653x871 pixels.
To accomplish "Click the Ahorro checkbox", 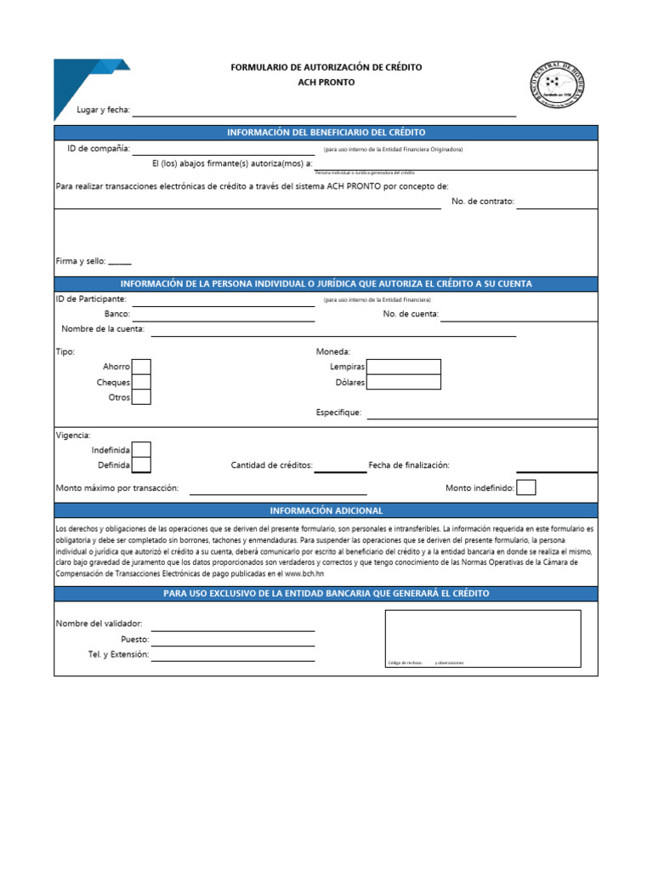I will pos(141,367).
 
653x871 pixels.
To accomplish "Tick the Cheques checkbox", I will pos(141,382).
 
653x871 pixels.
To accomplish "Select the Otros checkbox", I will pos(141,397).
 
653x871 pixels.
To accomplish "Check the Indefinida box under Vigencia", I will pos(141,449).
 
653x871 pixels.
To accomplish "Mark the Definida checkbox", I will pos(141,465).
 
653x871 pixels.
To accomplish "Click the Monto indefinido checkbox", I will pos(526,487).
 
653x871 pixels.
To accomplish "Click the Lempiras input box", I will pos(404,367).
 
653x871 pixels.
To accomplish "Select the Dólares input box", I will pos(404,382).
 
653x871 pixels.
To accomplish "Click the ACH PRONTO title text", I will pos(326,83).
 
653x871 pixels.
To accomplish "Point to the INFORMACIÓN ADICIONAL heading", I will pos(326,510).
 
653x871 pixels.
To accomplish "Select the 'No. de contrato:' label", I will pos(483,202).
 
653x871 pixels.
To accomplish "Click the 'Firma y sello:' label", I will pos(81,261).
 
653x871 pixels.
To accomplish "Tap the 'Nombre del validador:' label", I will pos(99,623).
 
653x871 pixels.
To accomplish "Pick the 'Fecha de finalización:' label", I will pos(408,465).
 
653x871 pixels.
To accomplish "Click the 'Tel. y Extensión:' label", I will pos(118,654).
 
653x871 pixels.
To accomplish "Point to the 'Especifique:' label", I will pos(338,413).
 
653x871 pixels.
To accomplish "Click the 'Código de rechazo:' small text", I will pos(405,663).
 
